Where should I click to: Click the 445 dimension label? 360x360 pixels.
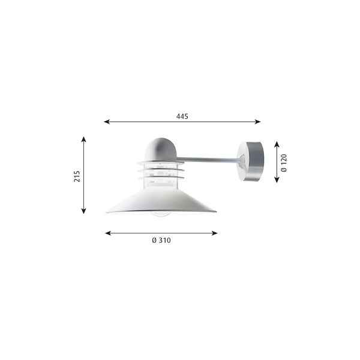182,116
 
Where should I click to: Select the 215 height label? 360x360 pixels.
77,175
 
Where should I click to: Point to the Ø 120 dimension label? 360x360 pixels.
284,162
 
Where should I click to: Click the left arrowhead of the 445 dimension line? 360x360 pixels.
107,122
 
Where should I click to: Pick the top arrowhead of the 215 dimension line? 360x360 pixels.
84,139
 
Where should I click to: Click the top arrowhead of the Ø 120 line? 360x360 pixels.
276,144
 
